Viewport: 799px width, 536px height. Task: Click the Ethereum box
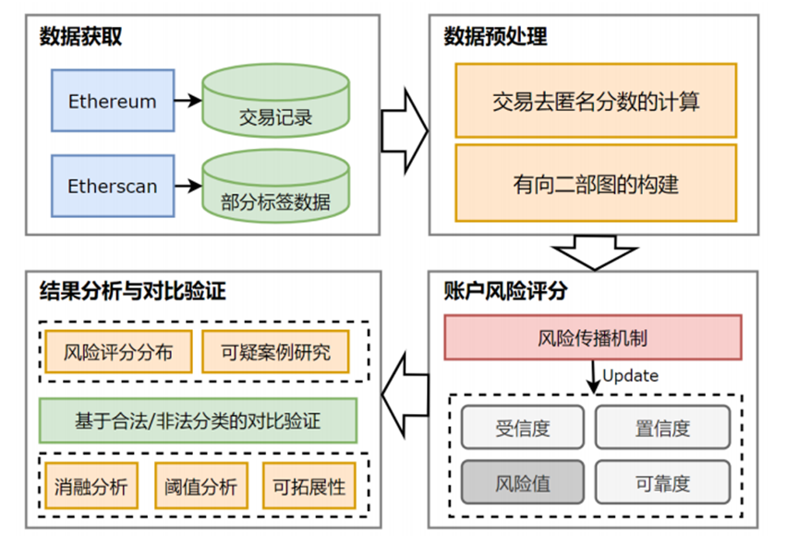113,101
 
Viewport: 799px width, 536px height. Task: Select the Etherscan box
113,186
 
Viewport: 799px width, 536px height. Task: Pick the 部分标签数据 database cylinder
275,189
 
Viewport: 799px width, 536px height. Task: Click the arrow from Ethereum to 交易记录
188,101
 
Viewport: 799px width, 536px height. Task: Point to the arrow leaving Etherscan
188,186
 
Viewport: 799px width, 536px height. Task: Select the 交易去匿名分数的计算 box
596,101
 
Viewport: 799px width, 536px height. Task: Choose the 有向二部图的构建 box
596,184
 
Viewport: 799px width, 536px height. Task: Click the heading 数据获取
81,37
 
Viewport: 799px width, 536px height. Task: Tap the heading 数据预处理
495,37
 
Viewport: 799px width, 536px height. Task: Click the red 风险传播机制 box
593,337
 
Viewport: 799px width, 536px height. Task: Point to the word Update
630,375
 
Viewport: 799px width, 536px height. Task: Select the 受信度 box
523,428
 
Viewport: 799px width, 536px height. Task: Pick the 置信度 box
662,428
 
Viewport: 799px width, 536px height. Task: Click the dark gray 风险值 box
523,482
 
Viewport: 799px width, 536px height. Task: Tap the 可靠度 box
662,482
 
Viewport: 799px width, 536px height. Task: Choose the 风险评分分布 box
118,352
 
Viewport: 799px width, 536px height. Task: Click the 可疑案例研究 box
276,352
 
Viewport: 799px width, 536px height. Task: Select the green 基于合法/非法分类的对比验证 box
198,420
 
